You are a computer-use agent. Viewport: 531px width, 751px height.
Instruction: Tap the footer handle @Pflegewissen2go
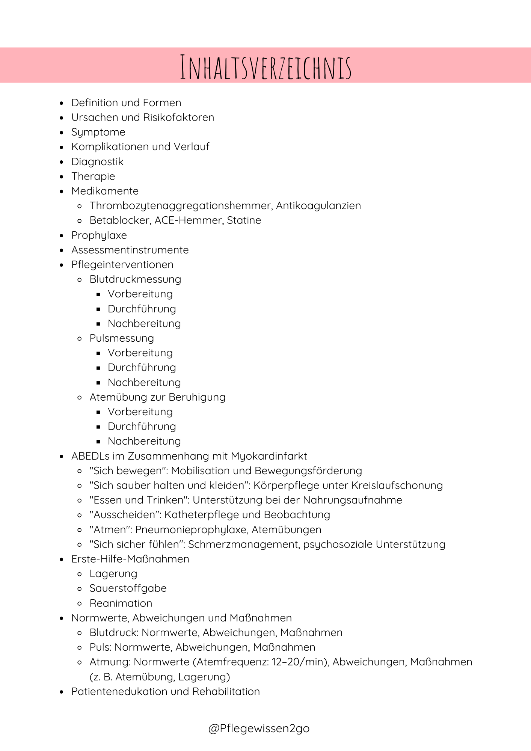[259, 728]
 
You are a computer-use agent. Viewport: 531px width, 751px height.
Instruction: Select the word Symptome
[98, 132]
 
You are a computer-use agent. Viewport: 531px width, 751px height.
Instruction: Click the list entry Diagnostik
[97, 162]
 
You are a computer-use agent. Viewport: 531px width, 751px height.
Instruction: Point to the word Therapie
[93, 176]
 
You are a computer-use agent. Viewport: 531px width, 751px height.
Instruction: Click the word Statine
[244, 220]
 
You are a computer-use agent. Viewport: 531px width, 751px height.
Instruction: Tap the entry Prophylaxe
[99, 235]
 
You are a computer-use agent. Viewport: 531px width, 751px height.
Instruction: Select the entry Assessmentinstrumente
[130, 250]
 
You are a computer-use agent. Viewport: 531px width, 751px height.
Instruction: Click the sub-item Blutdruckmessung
[135, 279]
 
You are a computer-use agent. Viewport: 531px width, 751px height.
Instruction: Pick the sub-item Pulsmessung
[122, 338]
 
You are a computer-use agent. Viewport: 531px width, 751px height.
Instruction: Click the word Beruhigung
[197, 397]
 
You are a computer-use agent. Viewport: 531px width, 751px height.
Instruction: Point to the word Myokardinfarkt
[269, 456]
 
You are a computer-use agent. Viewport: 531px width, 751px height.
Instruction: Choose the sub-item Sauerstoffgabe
[128, 588]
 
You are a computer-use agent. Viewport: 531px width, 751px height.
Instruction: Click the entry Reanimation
[121, 603]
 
